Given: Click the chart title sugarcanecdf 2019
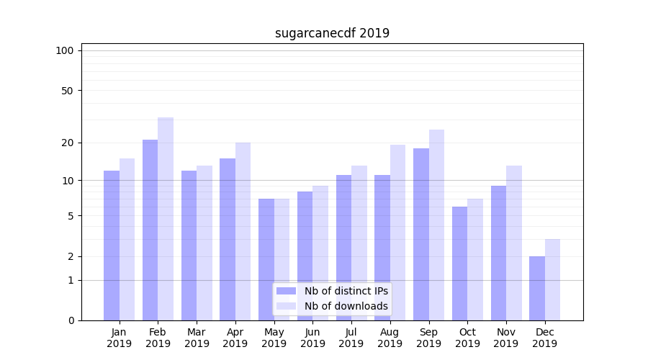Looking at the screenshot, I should click(x=332, y=33).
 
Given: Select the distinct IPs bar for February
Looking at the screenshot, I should click(x=150, y=230).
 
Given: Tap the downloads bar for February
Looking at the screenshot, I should click(x=166, y=219).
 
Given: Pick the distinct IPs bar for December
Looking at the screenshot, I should click(x=537, y=289).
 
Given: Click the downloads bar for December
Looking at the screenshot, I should click(x=552, y=280).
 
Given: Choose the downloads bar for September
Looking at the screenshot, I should click(x=436, y=225).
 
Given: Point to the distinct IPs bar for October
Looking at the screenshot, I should click(x=459, y=264).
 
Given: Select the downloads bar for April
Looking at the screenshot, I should click(x=243, y=231).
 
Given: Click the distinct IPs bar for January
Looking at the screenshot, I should click(x=112, y=246).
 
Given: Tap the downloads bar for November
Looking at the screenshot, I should click(x=514, y=243).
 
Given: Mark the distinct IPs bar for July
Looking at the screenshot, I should click(x=343, y=248).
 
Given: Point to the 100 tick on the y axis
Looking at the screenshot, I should click(x=65, y=50).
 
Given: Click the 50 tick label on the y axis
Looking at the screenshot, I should click(x=67, y=91).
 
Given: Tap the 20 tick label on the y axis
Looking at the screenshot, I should click(x=67, y=143).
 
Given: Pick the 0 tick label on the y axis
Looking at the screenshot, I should click(x=71, y=320).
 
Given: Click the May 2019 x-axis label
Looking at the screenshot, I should click(x=274, y=338).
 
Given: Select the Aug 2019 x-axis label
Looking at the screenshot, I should click(x=390, y=338).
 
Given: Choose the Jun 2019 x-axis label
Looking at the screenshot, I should click(x=312, y=338).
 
